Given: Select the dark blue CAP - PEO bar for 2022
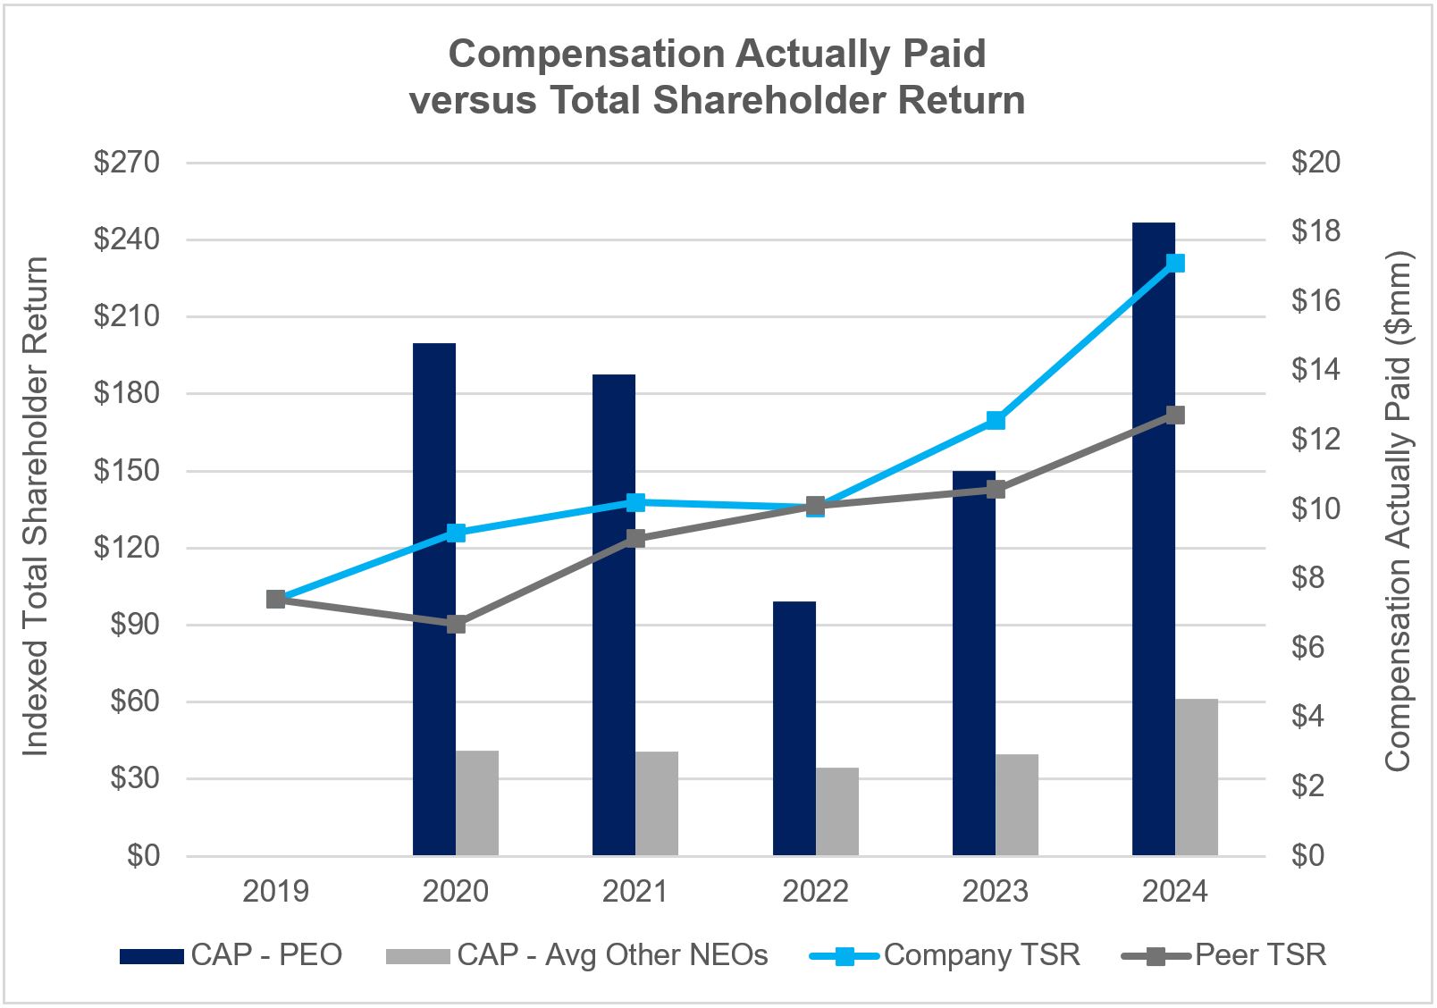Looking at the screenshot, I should pos(794,728).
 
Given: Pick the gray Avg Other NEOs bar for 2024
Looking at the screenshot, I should pos(1196,777).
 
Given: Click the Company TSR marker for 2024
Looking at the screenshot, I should pos(1175,263).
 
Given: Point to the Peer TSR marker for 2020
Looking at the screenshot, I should pos(456,624).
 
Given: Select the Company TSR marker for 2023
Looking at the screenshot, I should pos(996,420).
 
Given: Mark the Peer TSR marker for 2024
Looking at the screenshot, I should pos(1175,415).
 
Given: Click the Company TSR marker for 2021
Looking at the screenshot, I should pos(636,502).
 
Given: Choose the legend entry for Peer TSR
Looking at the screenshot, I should pos(1224,955).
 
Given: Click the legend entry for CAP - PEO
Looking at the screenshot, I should pos(232,955).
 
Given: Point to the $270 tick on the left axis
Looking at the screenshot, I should pos(126,163).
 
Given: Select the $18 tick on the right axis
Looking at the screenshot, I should pos(1315,231).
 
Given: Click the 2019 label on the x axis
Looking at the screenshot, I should pos(276,891).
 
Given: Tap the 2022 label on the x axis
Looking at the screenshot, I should pos(815,891).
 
